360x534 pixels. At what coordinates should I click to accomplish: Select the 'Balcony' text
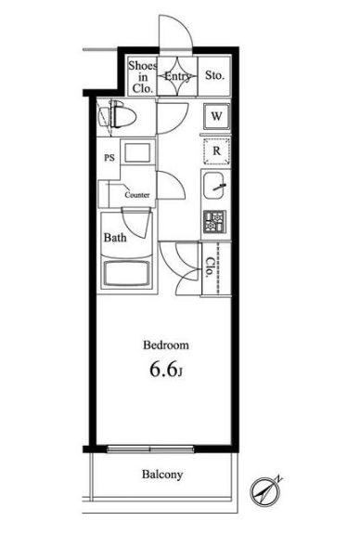point(161,475)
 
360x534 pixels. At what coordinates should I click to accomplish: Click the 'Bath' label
point(115,238)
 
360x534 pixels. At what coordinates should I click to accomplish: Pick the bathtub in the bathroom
point(126,276)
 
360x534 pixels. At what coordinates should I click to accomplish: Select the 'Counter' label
point(138,195)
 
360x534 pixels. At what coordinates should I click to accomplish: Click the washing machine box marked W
point(215,116)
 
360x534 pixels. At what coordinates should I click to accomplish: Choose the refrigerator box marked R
point(215,150)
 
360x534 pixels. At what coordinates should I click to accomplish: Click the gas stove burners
point(213,222)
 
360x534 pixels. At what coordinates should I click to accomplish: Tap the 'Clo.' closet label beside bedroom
point(210,268)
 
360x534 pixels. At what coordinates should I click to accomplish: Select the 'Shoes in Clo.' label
point(143,78)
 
